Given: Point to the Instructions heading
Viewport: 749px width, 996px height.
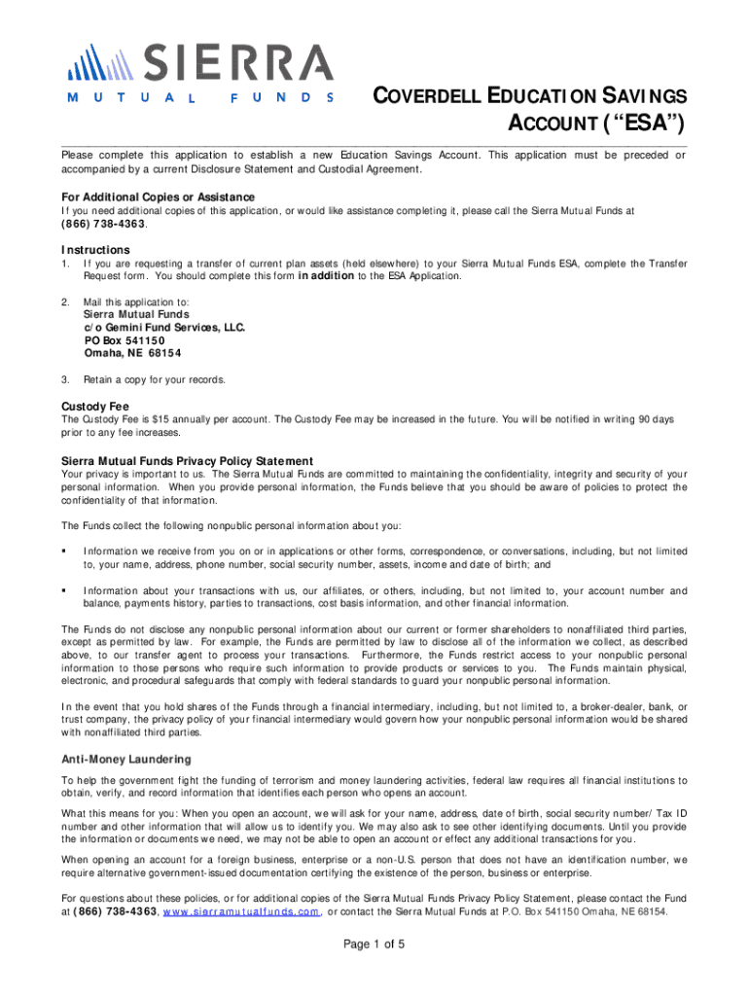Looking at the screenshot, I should click(95, 249).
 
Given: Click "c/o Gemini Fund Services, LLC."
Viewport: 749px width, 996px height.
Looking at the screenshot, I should click(162, 328).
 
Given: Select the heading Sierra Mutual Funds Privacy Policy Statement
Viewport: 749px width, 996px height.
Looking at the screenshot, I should click(187, 460).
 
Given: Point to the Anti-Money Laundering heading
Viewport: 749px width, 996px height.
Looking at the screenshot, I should click(126, 759).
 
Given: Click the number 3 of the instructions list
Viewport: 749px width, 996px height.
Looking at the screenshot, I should click(64, 379).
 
